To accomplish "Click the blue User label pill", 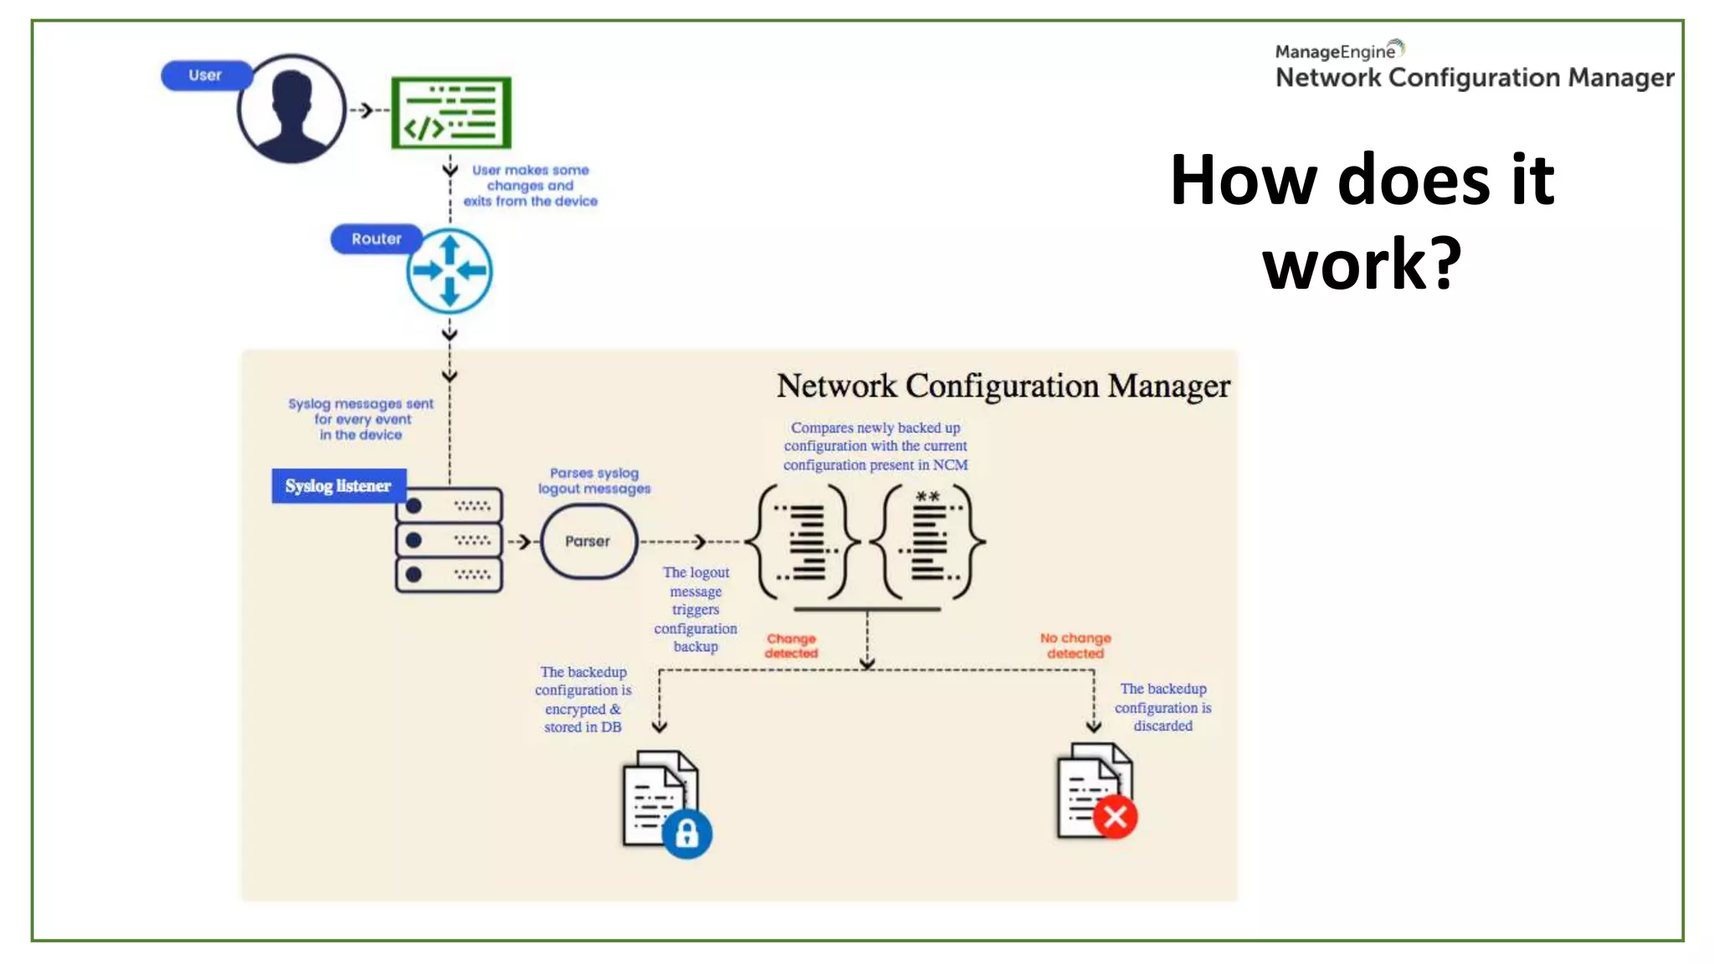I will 205,75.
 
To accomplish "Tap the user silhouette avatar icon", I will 291,109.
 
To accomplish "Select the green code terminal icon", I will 451,112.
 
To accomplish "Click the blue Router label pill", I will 376,239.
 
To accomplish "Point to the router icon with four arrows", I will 449,271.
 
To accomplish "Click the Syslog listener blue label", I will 338,486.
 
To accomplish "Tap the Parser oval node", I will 588,541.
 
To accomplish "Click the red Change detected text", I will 791,645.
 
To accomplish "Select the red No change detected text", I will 1075,645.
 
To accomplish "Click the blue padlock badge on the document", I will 687,833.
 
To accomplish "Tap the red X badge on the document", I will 1115,817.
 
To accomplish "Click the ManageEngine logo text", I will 1337,52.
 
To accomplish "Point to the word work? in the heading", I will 1362,264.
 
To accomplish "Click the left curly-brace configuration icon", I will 803,541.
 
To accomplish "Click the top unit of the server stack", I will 449,506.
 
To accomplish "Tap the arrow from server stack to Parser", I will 522,542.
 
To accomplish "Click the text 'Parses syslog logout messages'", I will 593,481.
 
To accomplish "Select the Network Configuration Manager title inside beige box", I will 1003,386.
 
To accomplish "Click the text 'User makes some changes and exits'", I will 530,186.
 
